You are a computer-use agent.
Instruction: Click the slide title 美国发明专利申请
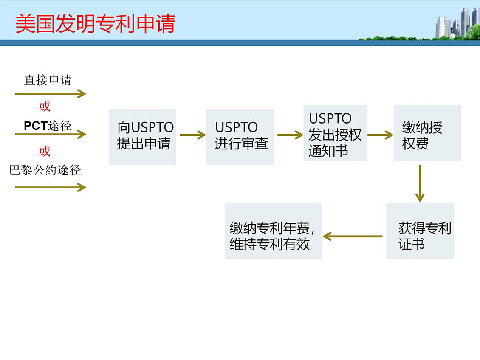(x=95, y=23)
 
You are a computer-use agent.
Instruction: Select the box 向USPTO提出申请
(x=142, y=137)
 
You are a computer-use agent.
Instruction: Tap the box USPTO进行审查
(x=240, y=137)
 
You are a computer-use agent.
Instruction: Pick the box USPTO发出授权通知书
(x=336, y=133)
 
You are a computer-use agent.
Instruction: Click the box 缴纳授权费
(x=427, y=133)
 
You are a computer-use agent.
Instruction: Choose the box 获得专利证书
(x=420, y=231)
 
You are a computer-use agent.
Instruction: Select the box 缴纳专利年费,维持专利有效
(x=274, y=231)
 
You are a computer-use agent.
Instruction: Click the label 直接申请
(x=48, y=80)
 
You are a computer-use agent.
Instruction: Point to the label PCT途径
(x=48, y=126)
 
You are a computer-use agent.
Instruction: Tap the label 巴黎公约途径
(x=45, y=170)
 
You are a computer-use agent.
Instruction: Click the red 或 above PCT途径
(x=44, y=107)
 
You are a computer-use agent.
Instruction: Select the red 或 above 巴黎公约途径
(x=44, y=151)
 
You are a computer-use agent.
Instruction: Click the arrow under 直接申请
(x=51, y=93)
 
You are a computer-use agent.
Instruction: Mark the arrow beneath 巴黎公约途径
(x=51, y=187)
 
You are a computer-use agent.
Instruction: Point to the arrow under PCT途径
(x=51, y=134)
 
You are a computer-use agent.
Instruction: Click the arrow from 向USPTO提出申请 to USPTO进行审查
(x=193, y=135)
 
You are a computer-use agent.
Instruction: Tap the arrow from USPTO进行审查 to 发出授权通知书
(x=291, y=135)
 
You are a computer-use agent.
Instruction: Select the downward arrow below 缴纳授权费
(x=420, y=183)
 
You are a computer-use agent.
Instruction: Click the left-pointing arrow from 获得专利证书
(x=353, y=236)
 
